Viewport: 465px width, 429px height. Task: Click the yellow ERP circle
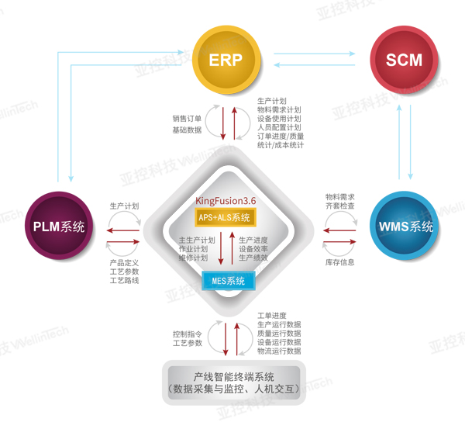click(x=226, y=60)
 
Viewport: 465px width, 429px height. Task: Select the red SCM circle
click(x=404, y=60)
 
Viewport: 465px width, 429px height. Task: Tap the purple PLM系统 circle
click(x=59, y=226)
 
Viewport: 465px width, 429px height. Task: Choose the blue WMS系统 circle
click(x=404, y=226)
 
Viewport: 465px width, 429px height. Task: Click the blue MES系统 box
click(x=229, y=281)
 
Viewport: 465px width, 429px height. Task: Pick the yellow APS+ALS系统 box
click(x=226, y=218)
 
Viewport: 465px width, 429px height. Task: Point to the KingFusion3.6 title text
click(x=226, y=201)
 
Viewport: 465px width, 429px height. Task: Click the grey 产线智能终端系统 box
click(x=234, y=382)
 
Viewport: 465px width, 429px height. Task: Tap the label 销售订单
click(x=187, y=119)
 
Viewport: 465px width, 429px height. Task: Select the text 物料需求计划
click(x=279, y=110)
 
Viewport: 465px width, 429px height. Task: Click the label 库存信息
click(x=340, y=262)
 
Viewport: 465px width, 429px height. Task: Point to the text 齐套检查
click(x=340, y=206)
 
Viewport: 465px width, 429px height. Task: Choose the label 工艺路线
click(x=124, y=280)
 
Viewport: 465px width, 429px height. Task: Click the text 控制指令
click(x=188, y=334)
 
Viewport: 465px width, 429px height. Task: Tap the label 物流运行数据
click(x=279, y=351)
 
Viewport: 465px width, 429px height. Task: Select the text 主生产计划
click(x=197, y=240)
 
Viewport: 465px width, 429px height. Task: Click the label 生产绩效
click(x=253, y=258)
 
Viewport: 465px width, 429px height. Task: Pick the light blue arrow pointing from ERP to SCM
click(x=315, y=54)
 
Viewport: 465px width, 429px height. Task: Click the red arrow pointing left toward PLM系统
click(x=123, y=230)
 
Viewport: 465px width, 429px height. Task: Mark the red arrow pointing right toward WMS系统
click(x=339, y=242)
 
